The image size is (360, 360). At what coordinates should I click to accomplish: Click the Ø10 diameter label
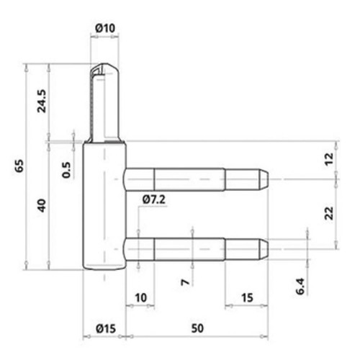105,28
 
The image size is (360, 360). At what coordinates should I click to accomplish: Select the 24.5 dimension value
42,101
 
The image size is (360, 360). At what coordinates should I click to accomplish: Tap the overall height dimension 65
19,166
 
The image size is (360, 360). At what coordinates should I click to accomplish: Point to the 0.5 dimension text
66,170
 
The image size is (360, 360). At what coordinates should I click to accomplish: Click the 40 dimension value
42,205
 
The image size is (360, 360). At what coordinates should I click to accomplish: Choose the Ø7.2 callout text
154,199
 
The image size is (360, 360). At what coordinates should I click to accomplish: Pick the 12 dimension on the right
329,159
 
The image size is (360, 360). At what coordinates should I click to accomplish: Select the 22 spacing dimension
329,213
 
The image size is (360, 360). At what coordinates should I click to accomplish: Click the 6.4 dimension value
300,286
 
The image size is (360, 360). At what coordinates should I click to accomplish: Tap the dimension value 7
185,282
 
